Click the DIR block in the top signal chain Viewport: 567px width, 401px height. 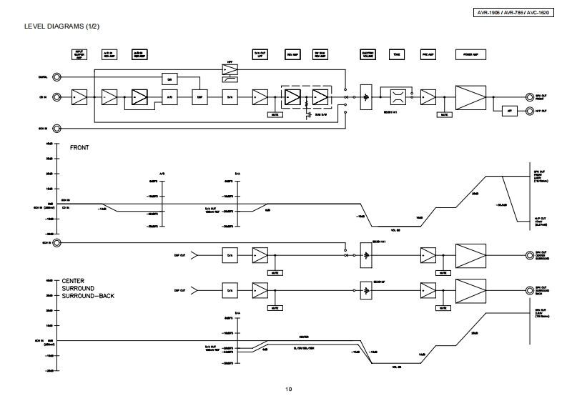point(169,78)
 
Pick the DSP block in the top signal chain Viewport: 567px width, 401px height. point(200,97)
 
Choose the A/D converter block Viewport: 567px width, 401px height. point(169,97)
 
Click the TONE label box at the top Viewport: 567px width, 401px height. point(395,54)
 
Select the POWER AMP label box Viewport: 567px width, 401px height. point(470,54)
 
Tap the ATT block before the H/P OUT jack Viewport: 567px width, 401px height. point(510,111)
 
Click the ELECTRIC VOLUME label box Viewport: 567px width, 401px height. point(368,54)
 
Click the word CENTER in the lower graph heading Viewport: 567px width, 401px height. point(74,281)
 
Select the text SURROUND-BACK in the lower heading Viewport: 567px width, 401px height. point(88,295)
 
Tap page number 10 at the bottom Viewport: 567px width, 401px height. point(288,389)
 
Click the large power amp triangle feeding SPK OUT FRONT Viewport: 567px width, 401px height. point(469,97)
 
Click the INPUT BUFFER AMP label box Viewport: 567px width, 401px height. point(79,54)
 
